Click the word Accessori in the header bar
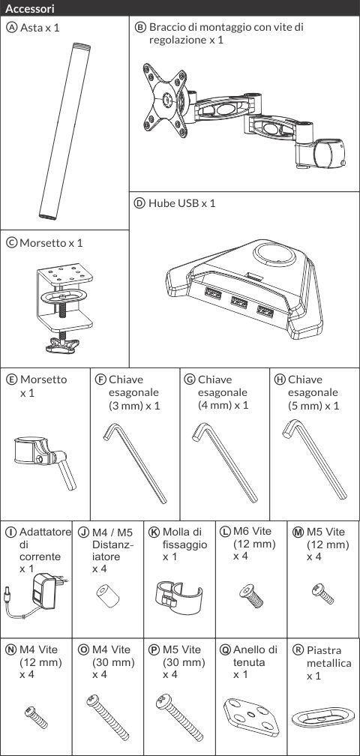click(30, 9)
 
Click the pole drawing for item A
click(64, 131)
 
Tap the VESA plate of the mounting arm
click(165, 100)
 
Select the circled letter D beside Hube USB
click(139, 203)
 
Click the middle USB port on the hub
click(239, 302)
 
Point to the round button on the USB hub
click(275, 253)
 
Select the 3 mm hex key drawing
click(135, 463)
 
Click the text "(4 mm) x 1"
click(223, 405)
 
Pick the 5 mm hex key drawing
click(314, 459)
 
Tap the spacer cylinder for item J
click(108, 597)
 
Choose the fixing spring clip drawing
click(178, 598)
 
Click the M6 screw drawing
click(251, 595)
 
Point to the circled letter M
click(298, 532)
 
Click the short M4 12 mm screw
click(36, 717)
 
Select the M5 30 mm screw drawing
click(179, 718)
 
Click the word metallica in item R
click(328, 663)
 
